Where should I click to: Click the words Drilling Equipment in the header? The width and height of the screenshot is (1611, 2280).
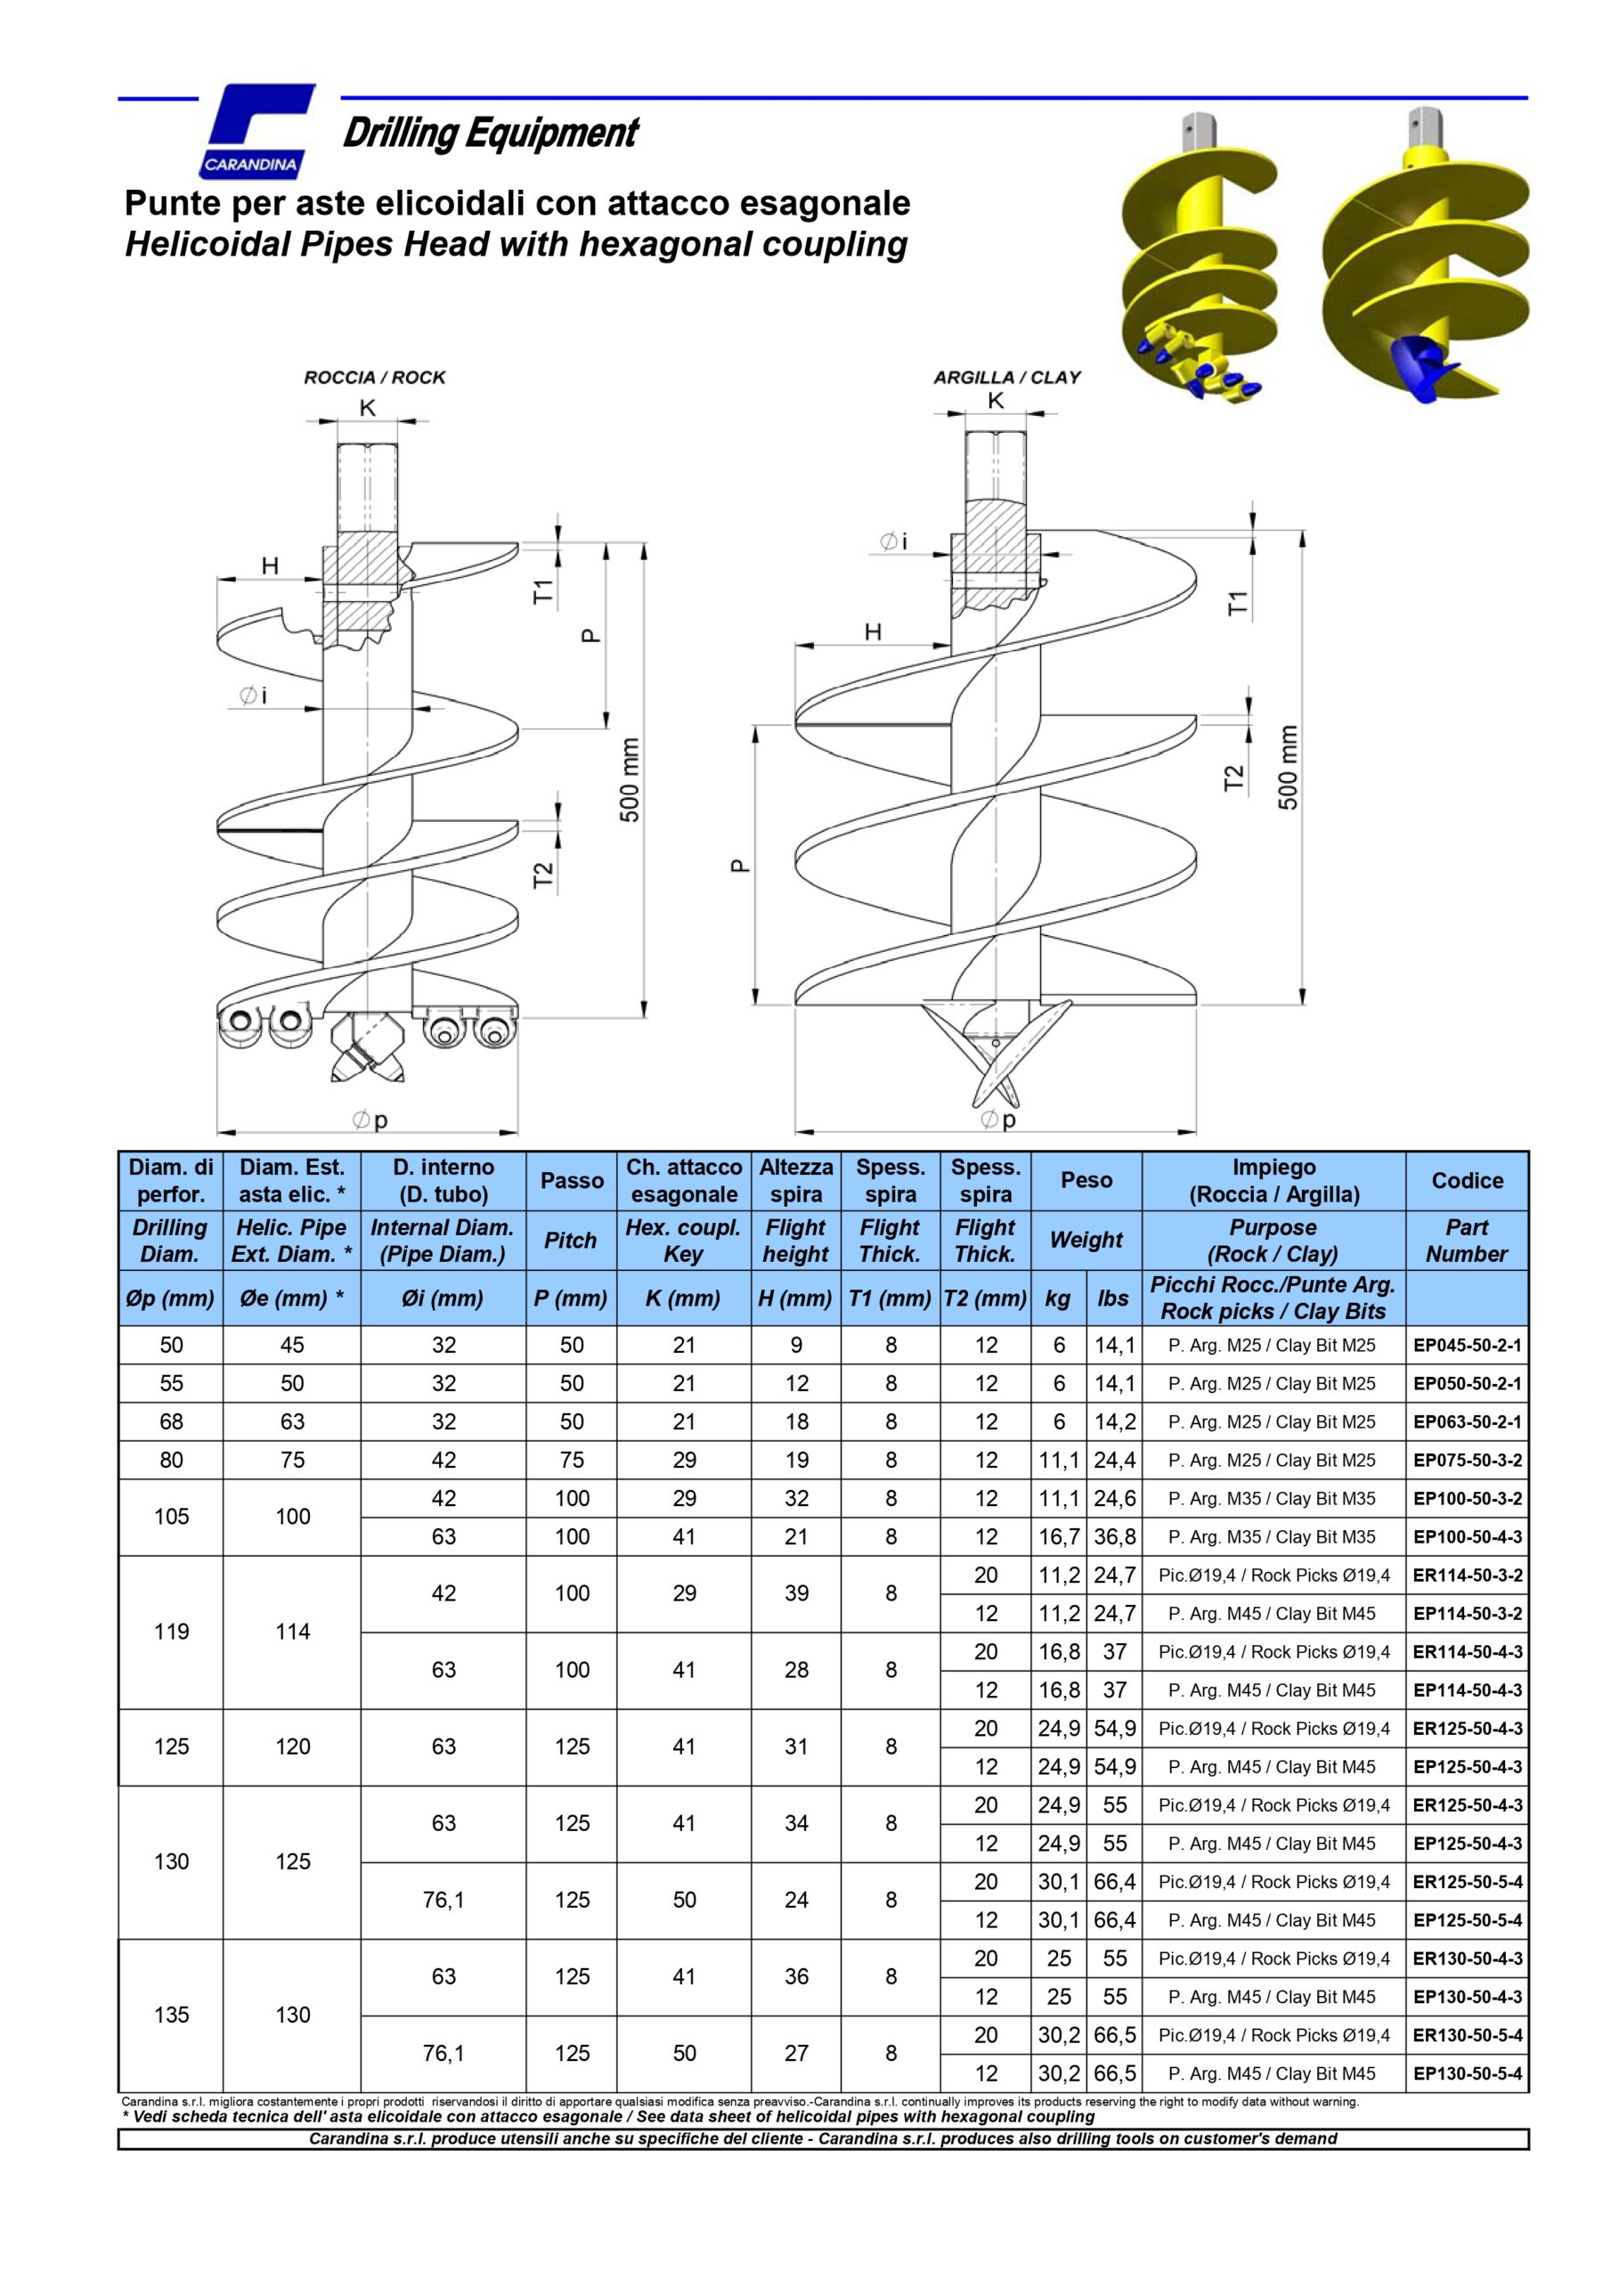[x=490, y=133]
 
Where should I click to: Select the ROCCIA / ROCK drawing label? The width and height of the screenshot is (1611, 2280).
[x=374, y=378]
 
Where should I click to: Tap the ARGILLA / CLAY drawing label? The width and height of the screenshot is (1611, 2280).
[x=1006, y=378]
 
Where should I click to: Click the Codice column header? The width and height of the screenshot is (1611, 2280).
[x=1466, y=1181]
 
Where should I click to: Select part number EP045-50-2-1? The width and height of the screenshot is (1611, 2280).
[x=1466, y=1346]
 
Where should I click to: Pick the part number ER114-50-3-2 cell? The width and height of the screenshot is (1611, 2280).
[x=1466, y=1575]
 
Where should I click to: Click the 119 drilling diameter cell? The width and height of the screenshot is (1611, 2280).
[x=171, y=1632]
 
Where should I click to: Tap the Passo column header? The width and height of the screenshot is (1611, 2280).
[x=571, y=1181]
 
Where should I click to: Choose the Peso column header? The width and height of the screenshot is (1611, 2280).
[x=1086, y=1180]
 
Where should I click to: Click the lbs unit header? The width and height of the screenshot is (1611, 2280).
[x=1112, y=1298]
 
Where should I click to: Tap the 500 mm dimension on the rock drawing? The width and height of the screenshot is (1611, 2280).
[x=630, y=779]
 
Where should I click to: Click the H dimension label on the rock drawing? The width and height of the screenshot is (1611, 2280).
[x=269, y=566]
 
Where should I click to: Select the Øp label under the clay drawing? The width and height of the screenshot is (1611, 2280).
[x=998, y=1120]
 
